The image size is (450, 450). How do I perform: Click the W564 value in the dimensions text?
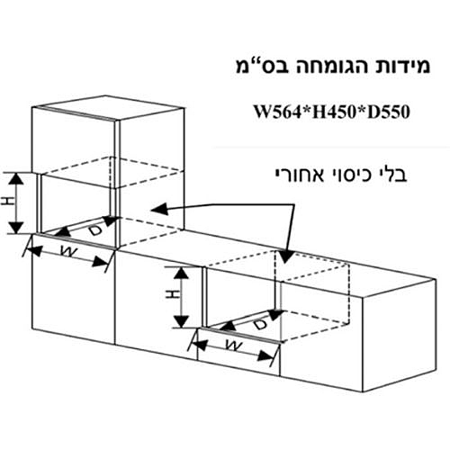[277, 112]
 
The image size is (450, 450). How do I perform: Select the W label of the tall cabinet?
[68, 251]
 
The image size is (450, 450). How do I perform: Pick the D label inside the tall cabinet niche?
[94, 229]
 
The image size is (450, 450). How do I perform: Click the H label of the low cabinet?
[174, 294]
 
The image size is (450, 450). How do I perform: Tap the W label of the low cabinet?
[234, 346]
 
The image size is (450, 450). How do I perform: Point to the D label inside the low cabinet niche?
[260, 324]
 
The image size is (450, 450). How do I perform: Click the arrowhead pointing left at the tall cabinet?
[159, 209]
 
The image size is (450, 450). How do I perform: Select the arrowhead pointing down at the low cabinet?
[285, 256]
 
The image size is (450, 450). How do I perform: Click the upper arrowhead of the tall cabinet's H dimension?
[15, 179]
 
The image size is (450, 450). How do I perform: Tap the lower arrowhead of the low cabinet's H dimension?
[181, 321]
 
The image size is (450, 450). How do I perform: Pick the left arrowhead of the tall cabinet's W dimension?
[35, 251]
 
